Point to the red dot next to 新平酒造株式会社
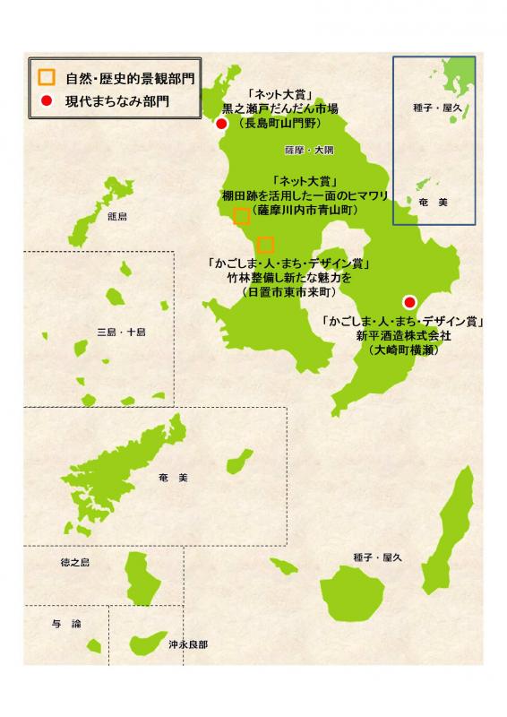click(409, 301)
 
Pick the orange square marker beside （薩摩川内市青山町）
click(241, 215)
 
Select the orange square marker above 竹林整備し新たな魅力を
click(265, 245)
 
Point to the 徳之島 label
click(75, 562)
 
